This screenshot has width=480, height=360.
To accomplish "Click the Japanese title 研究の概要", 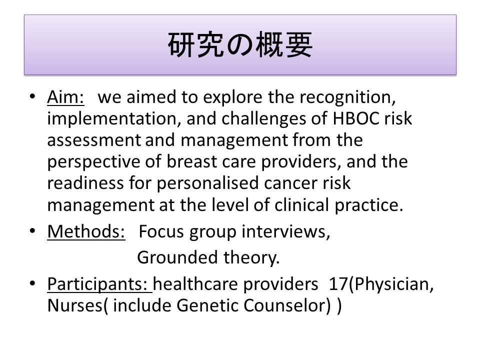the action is coord(240,44).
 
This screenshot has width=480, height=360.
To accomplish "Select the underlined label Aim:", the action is coord(65,97).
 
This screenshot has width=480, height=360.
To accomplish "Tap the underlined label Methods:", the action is coord(86,231).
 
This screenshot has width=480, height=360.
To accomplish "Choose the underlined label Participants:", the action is coord(100,284).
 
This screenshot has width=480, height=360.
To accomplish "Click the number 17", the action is coord(338,284).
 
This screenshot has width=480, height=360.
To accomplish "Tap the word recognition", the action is coord(347,98).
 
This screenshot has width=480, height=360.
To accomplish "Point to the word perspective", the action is coord(94,162).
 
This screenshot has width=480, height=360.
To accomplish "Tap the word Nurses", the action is coord(75,305).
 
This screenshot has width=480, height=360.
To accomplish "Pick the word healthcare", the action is coord(195,284).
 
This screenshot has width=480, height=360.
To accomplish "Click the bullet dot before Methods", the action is coord(32,230).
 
